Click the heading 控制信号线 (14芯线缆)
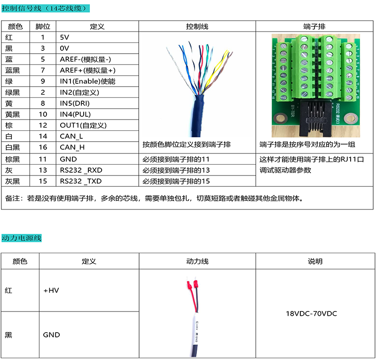point(44,8)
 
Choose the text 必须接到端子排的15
point(176,181)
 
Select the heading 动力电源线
point(22,238)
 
